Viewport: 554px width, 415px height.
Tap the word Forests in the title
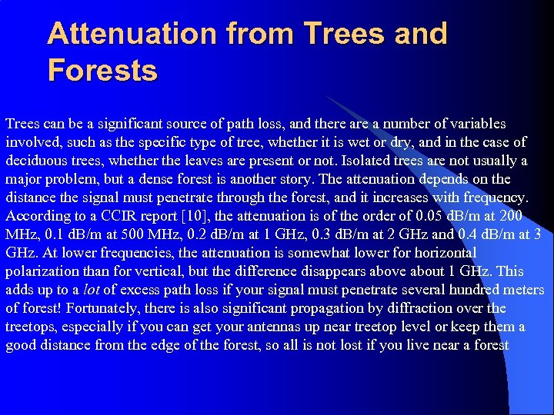point(102,70)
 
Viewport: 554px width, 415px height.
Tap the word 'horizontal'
point(445,253)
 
